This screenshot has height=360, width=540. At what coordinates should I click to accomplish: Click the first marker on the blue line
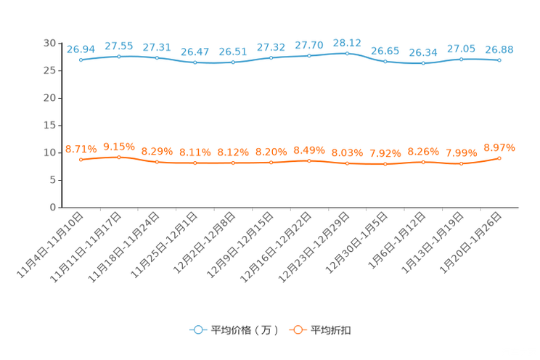tap(81, 60)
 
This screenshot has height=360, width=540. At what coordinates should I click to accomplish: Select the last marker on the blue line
tap(499, 60)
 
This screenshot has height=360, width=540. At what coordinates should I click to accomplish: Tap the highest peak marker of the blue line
tap(347, 52)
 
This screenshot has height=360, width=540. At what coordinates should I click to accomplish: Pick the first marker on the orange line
tap(81, 160)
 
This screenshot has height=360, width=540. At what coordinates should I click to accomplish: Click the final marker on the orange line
tap(499, 157)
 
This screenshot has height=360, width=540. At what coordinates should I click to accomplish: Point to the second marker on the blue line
tap(118, 56)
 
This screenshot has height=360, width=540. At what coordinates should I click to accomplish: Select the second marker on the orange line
tap(118, 157)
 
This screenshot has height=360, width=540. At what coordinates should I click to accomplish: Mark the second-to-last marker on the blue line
tap(461, 59)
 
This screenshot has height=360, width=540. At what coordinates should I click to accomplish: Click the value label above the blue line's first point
tap(81, 49)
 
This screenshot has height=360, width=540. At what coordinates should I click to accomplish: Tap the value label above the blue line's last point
tap(499, 49)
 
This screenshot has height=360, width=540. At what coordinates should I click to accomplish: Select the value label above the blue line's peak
tap(347, 42)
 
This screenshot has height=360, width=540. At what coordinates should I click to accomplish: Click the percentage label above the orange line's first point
tap(81, 149)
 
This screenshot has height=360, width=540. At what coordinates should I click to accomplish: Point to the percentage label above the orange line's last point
tap(499, 147)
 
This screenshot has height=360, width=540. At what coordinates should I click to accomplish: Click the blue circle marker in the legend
tap(197, 330)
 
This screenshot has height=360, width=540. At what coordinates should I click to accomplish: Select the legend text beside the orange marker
tap(332, 330)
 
